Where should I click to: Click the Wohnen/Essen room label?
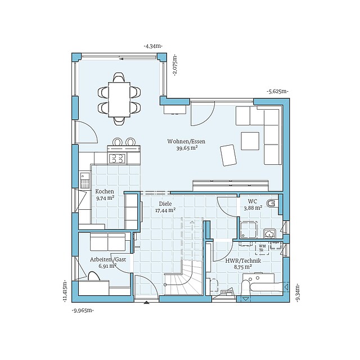coord(186,141)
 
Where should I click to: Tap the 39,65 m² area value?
coord(187,148)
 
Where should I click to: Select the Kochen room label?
coord(105,191)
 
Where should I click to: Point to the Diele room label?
coord(165,204)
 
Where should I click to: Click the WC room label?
coord(253,201)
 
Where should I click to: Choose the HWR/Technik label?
coord(243,261)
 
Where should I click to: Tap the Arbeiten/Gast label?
coord(108,259)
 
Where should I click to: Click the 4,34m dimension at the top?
coord(153,46)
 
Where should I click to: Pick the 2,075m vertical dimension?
coord(175,65)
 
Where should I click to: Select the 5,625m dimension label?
coord(277,91)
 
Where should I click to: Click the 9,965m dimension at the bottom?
coord(83,310)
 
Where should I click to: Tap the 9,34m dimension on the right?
coord(298,293)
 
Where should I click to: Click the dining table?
coord(119,99)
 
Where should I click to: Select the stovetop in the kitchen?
coord(118,159)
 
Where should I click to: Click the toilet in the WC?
coord(272,203)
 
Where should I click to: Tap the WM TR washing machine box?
coord(262,248)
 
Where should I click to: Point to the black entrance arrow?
coord(146,303)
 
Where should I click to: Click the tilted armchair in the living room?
coord(228,155)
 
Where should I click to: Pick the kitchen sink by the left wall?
coord(84,180)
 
